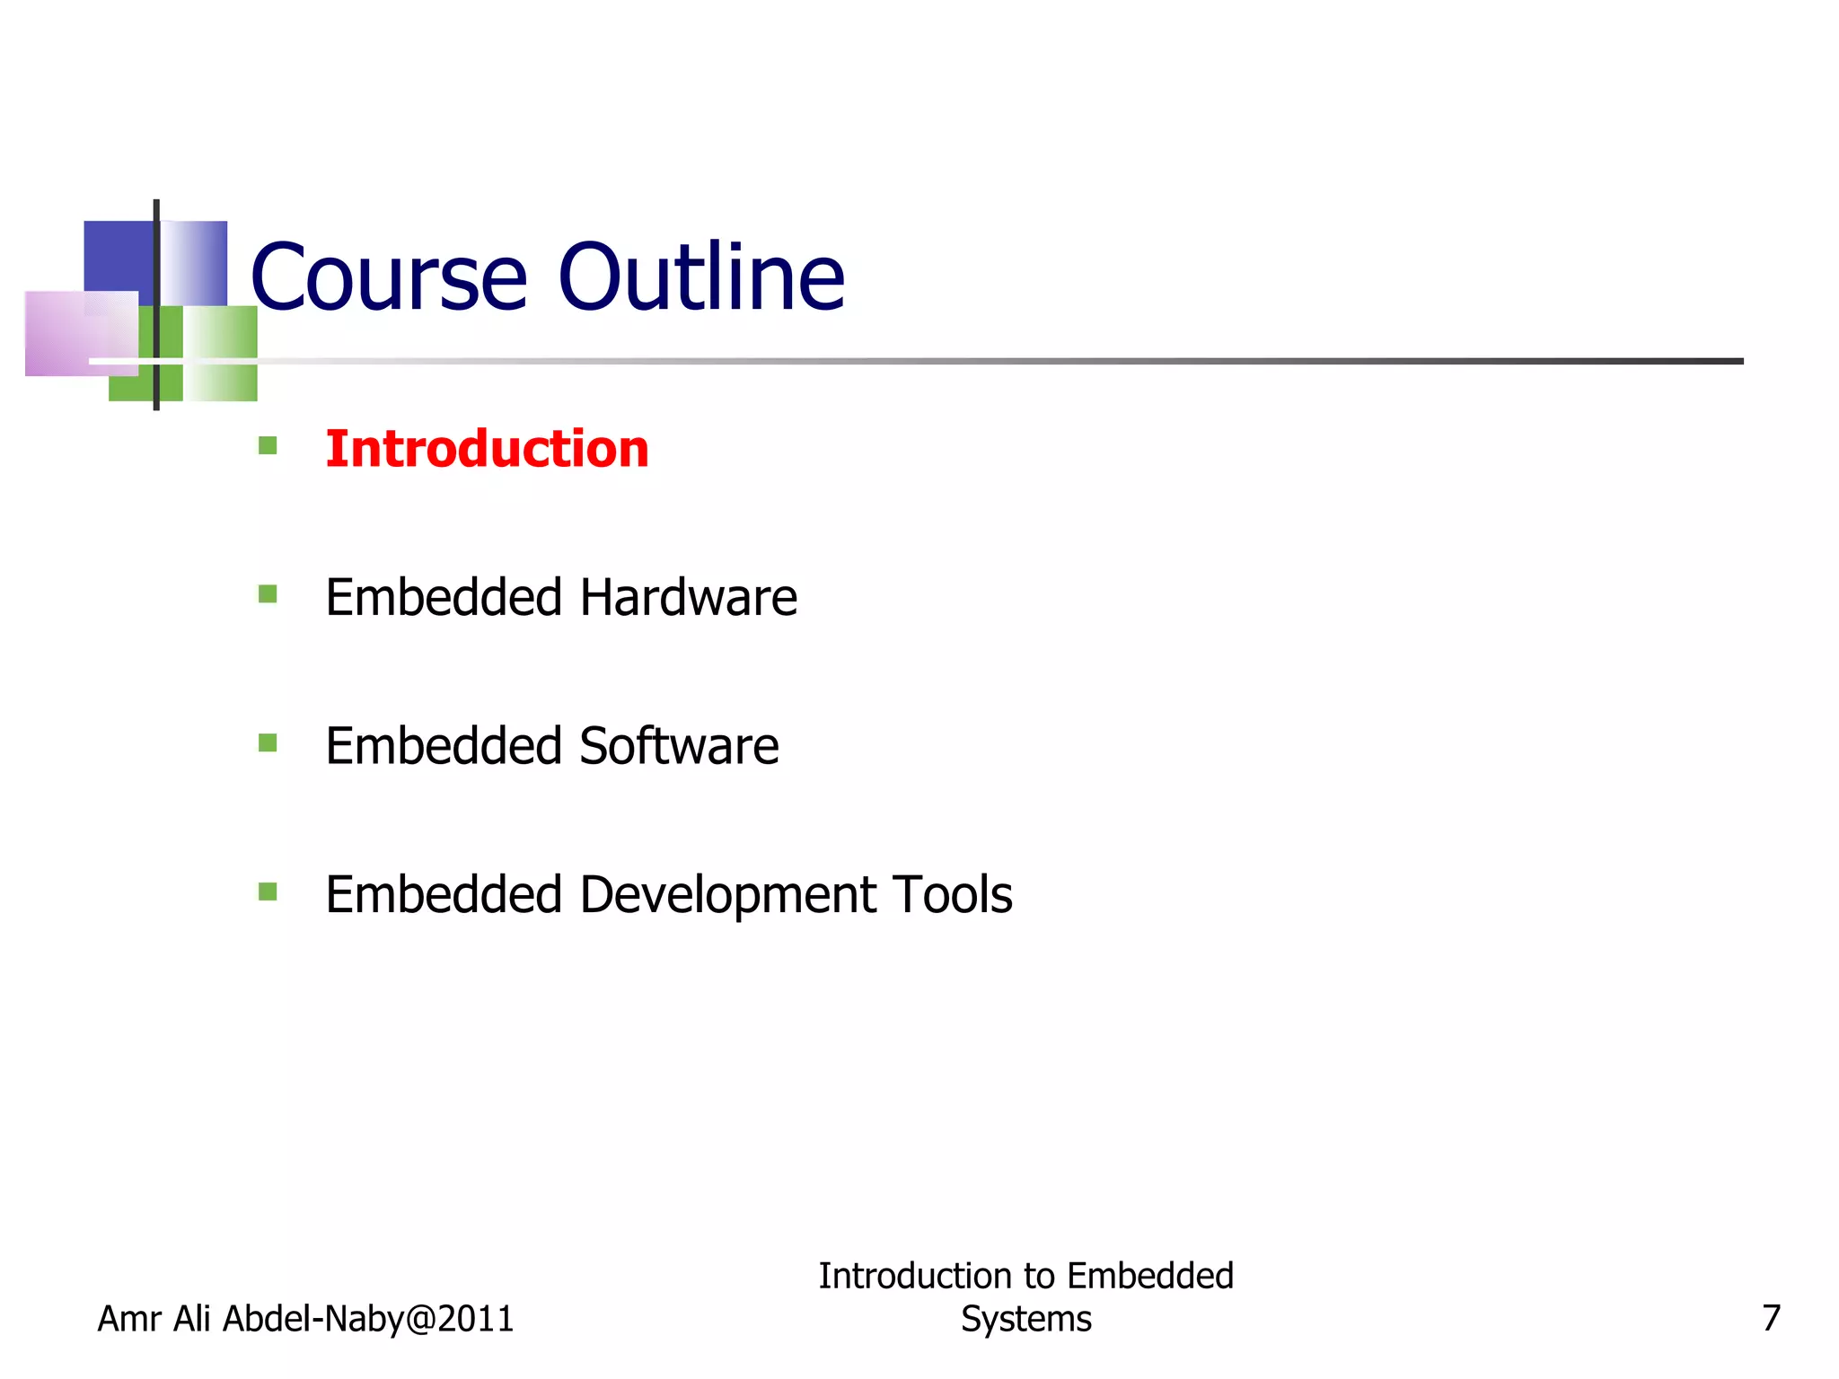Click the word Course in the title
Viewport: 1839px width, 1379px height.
(x=388, y=278)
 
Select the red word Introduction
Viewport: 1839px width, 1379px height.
(x=487, y=449)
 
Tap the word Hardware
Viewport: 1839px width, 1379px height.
(x=688, y=598)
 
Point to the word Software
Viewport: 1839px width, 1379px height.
(x=679, y=747)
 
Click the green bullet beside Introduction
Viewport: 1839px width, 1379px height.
(x=268, y=445)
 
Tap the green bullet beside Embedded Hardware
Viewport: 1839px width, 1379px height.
(x=268, y=594)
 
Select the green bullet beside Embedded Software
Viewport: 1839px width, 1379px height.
(x=268, y=742)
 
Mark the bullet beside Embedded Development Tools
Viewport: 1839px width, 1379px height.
(x=268, y=892)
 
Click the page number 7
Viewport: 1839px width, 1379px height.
(x=1771, y=1319)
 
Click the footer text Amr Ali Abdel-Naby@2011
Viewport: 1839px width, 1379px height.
(x=305, y=1319)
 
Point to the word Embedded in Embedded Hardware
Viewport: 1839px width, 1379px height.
(x=444, y=598)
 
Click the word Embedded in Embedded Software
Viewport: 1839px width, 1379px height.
(x=444, y=747)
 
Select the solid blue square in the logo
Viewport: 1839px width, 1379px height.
(x=117, y=256)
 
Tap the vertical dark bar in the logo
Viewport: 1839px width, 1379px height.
(x=156, y=305)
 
